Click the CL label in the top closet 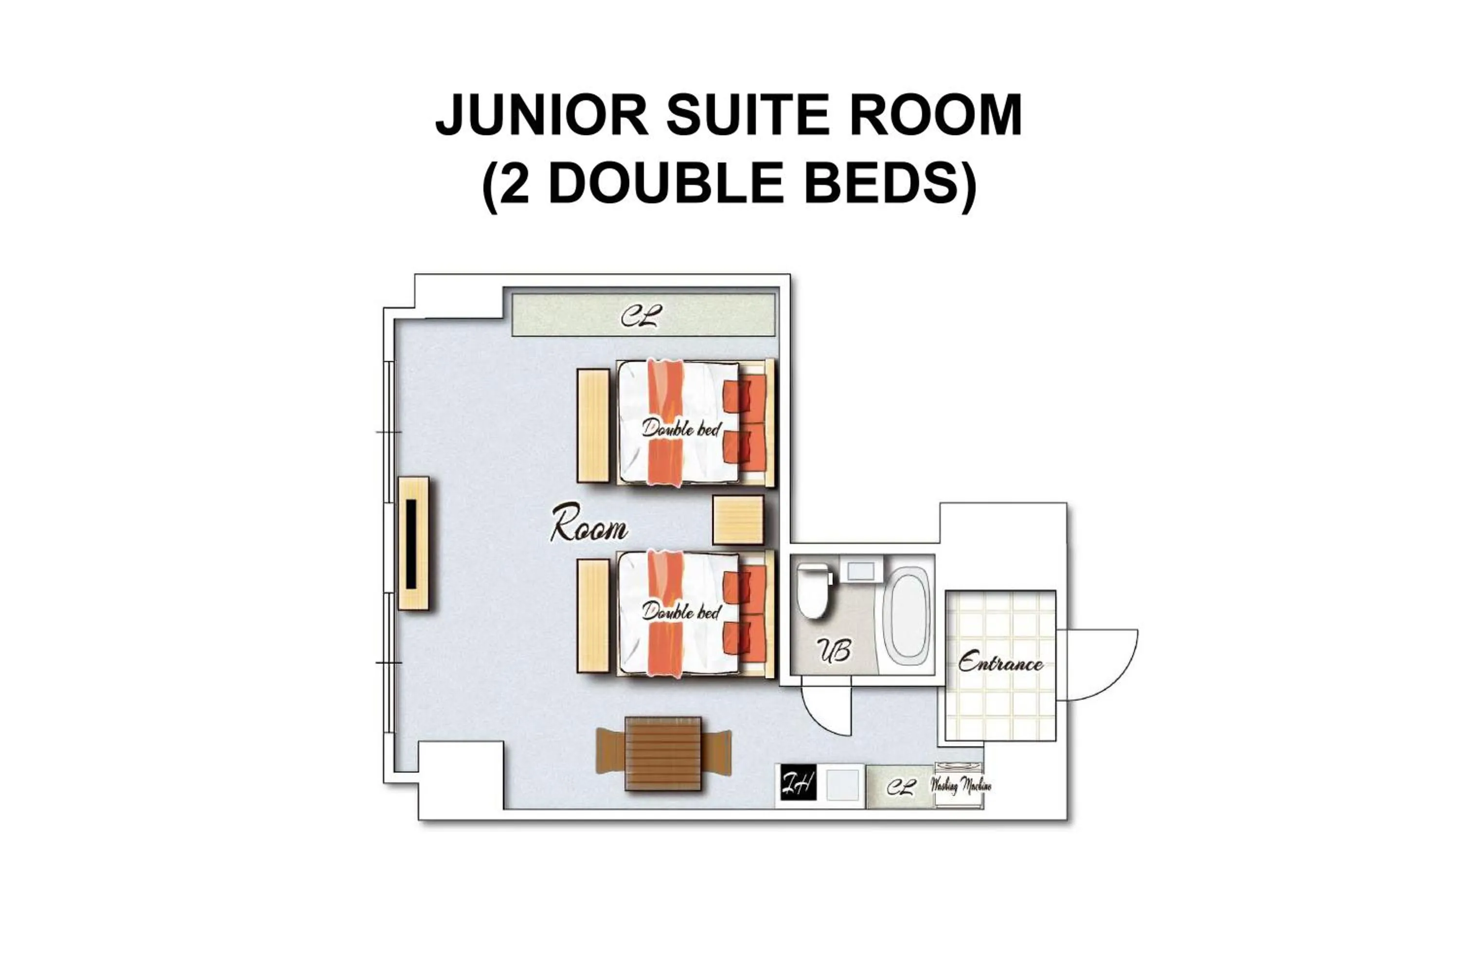[x=641, y=317]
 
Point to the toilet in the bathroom [x=815, y=590]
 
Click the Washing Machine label [x=960, y=786]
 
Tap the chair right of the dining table [x=716, y=753]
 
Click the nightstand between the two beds [x=738, y=520]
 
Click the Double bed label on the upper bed [x=682, y=428]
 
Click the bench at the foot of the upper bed [x=593, y=426]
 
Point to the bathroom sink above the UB [x=860, y=570]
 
